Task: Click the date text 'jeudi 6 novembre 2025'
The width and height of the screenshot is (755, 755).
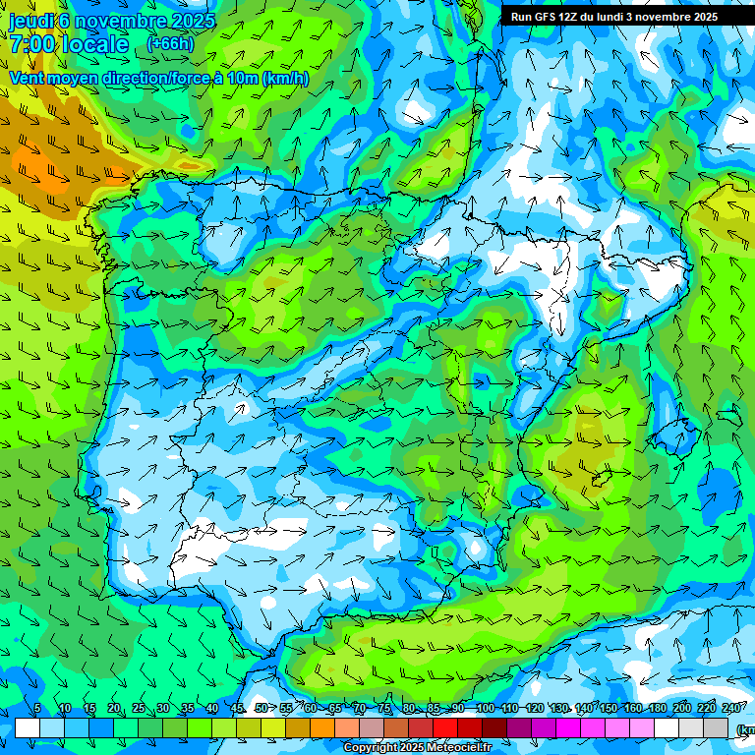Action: click(112, 21)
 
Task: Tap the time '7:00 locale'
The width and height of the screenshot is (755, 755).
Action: click(69, 44)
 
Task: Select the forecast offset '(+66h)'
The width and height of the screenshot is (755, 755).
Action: click(170, 44)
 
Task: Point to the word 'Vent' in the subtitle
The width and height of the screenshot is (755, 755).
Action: click(27, 79)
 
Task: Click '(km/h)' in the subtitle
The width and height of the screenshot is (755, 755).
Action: click(286, 79)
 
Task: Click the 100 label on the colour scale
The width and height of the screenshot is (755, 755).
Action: click(484, 709)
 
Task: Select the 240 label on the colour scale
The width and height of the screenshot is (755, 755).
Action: click(731, 709)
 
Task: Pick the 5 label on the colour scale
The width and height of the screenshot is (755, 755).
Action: click(37, 709)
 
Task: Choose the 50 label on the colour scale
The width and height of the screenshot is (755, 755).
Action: click(261, 709)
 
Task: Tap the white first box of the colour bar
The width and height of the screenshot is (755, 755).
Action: click(27, 727)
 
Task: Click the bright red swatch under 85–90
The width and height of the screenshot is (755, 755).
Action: click(445, 727)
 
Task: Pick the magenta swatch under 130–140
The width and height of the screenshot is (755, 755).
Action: click(569, 727)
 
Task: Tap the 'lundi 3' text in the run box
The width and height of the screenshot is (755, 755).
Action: click(617, 17)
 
